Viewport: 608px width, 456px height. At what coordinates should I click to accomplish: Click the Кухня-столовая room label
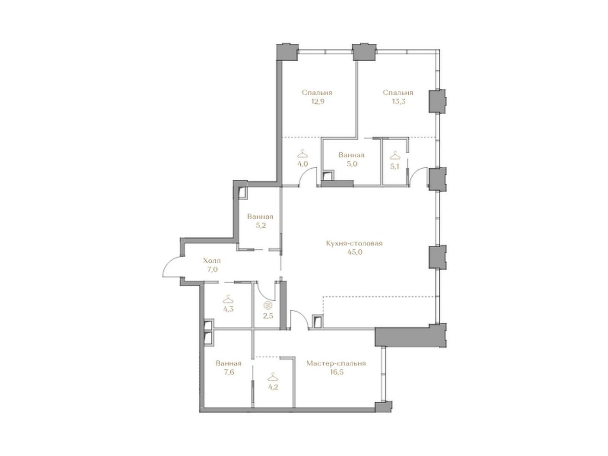(354, 243)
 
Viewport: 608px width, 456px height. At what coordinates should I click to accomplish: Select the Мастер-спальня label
(336, 363)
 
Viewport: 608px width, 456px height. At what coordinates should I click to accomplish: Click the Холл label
(212, 260)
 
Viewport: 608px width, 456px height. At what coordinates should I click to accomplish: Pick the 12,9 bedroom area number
(318, 101)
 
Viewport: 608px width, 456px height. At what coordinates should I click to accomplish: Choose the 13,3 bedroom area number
(398, 101)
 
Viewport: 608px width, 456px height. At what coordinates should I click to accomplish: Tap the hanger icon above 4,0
(302, 153)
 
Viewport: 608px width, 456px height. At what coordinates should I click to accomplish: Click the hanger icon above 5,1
(395, 155)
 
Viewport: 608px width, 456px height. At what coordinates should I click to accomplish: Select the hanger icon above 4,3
(228, 299)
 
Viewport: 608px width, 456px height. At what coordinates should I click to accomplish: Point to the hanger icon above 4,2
(273, 377)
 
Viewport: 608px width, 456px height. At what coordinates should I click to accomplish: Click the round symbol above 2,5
(267, 305)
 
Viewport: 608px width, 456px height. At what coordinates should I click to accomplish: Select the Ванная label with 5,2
(260, 217)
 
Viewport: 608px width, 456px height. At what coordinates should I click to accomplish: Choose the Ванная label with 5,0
(351, 155)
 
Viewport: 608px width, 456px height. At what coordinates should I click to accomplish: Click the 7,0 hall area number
(212, 269)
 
